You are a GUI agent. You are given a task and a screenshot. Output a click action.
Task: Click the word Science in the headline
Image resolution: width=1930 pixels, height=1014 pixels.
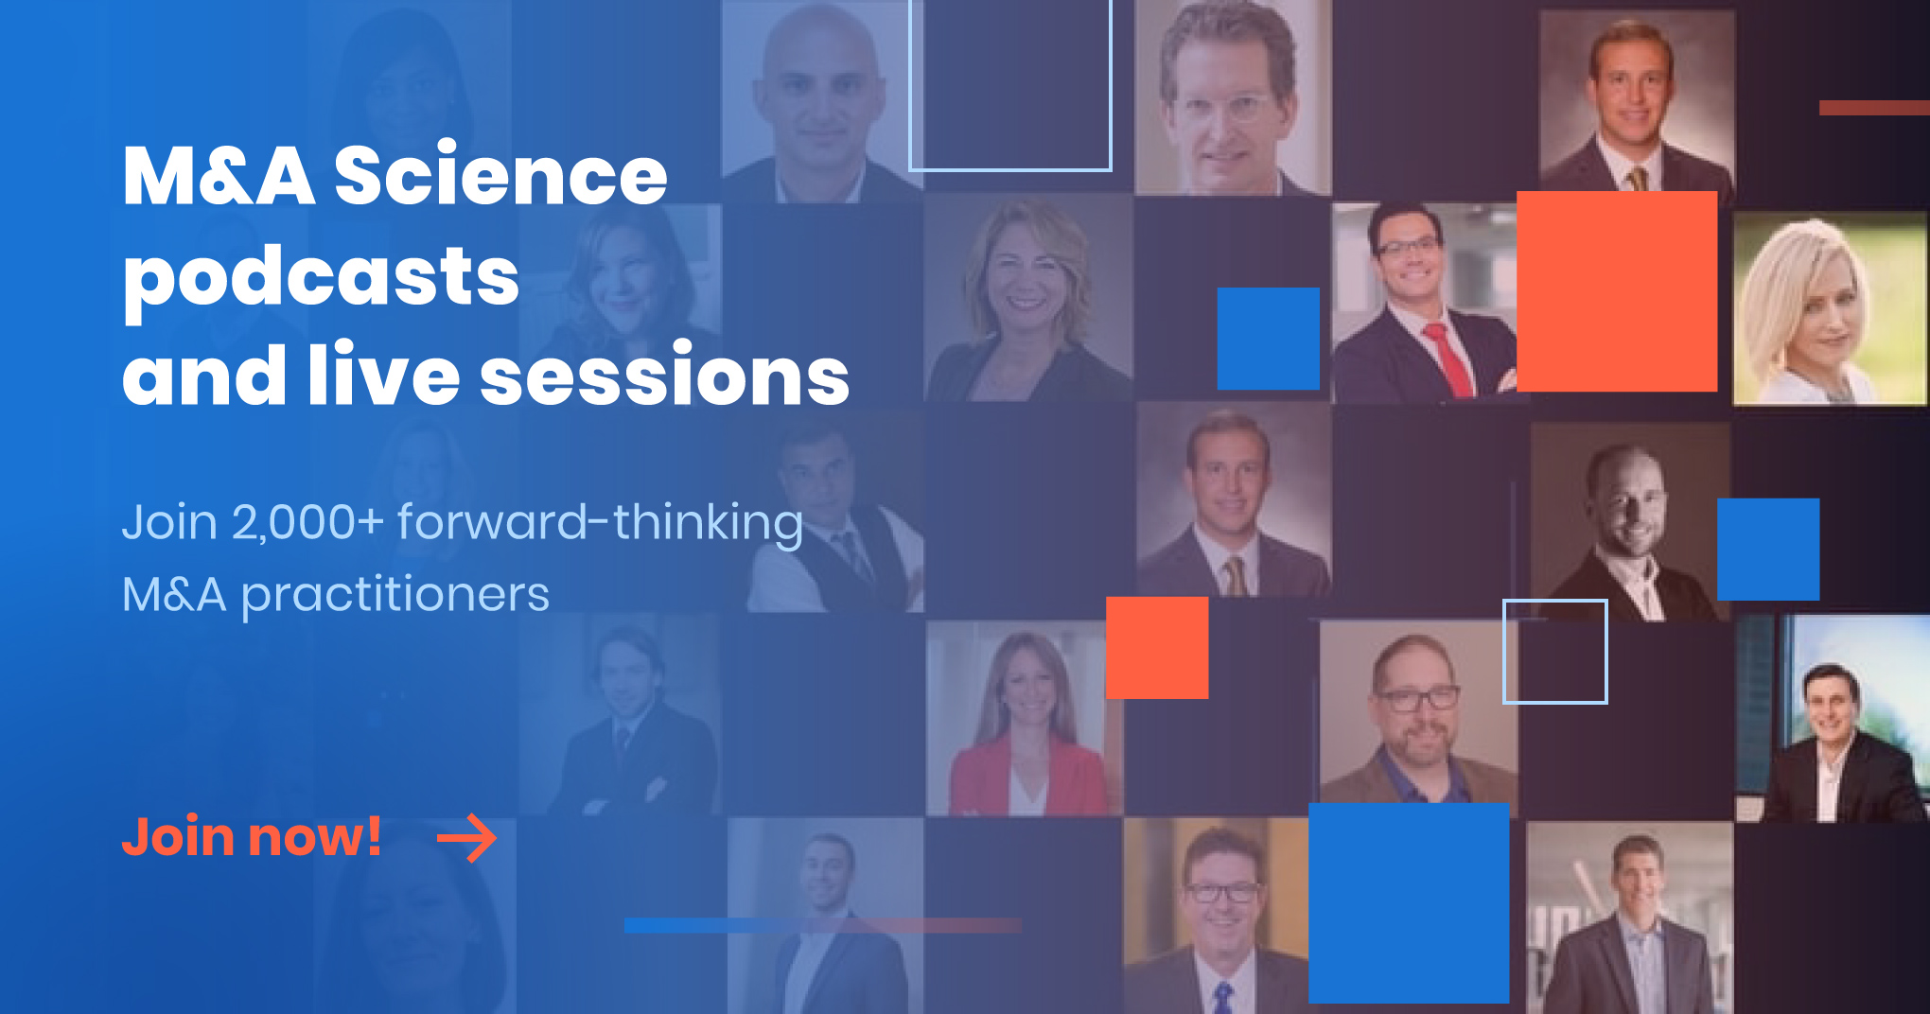[501, 176]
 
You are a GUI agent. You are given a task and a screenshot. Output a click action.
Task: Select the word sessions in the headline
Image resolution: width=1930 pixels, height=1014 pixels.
[665, 376]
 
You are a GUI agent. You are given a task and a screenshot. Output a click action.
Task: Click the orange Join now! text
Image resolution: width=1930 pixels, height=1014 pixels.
[252, 837]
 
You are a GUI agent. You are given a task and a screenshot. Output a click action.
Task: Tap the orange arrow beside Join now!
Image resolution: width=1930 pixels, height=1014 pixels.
[467, 838]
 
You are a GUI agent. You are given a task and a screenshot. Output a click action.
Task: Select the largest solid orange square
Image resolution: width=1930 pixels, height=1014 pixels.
[1617, 291]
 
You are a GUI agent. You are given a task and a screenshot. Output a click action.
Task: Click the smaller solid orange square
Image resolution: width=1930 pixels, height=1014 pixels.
[1157, 648]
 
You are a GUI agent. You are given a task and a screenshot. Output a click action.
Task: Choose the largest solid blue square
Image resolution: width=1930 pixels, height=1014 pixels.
[1409, 903]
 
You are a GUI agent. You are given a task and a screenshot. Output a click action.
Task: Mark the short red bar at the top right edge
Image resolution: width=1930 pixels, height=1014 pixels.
[1874, 108]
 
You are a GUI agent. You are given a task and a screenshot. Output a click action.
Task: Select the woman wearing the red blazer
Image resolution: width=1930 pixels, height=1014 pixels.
[1026, 725]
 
